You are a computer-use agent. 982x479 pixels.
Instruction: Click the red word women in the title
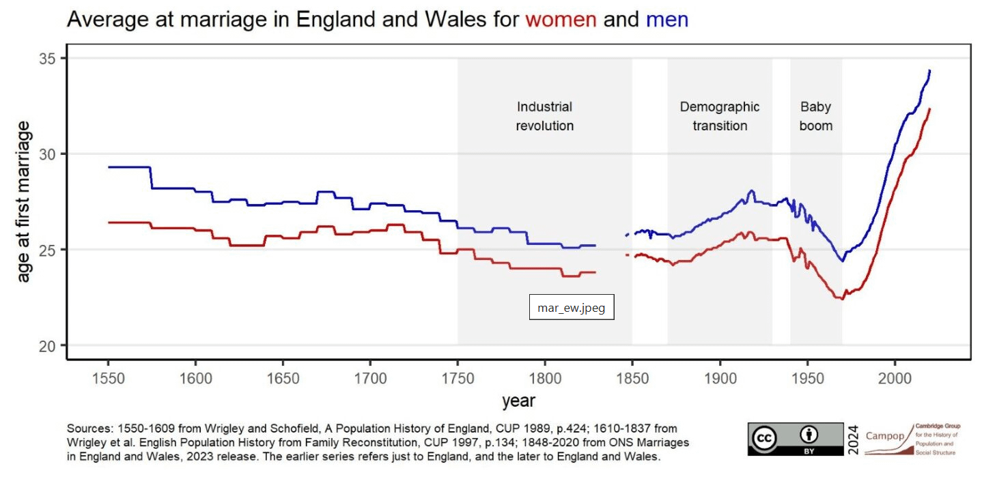pyautogui.click(x=561, y=20)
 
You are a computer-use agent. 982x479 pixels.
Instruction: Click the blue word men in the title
pyautogui.click(x=667, y=20)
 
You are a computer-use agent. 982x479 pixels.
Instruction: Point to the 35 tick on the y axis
pyautogui.click(x=47, y=59)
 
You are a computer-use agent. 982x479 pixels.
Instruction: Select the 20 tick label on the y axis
pyautogui.click(x=47, y=345)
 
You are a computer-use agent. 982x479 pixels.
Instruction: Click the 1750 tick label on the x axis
pyautogui.click(x=458, y=377)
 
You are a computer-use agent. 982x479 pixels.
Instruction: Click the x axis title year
pyautogui.click(x=518, y=401)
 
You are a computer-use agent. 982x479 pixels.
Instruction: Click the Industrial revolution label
pyautogui.click(x=544, y=116)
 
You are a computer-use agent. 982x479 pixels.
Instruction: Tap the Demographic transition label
pyautogui.click(x=720, y=116)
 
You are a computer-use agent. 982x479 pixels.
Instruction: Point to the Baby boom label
pyautogui.click(x=816, y=116)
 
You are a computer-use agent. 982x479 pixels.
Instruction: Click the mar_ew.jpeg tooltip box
pyautogui.click(x=572, y=308)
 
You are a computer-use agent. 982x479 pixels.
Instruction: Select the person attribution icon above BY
pyautogui.click(x=809, y=434)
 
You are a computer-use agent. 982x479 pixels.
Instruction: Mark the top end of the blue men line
pyautogui.click(x=929, y=70)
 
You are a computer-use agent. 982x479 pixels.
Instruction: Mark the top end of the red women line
pyautogui.click(x=929, y=109)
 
